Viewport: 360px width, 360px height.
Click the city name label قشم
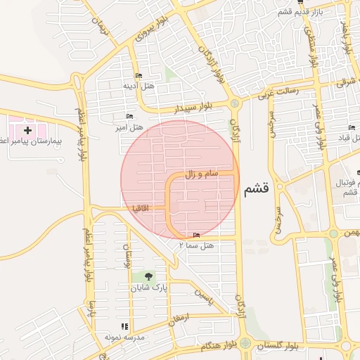[x=257, y=190]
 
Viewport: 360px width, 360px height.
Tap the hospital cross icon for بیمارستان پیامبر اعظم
[x=27, y=130]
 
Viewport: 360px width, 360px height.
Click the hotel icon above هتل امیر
[x=129, y=117]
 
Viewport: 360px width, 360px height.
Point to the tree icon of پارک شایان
[x=148, y=276]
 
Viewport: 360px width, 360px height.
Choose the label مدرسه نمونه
[x=124, y=337]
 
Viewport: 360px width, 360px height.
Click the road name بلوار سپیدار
[x=193, y=109]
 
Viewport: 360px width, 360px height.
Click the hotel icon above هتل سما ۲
[x=195, y=235]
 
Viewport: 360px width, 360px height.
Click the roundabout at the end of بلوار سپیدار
[x=234, y=104]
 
